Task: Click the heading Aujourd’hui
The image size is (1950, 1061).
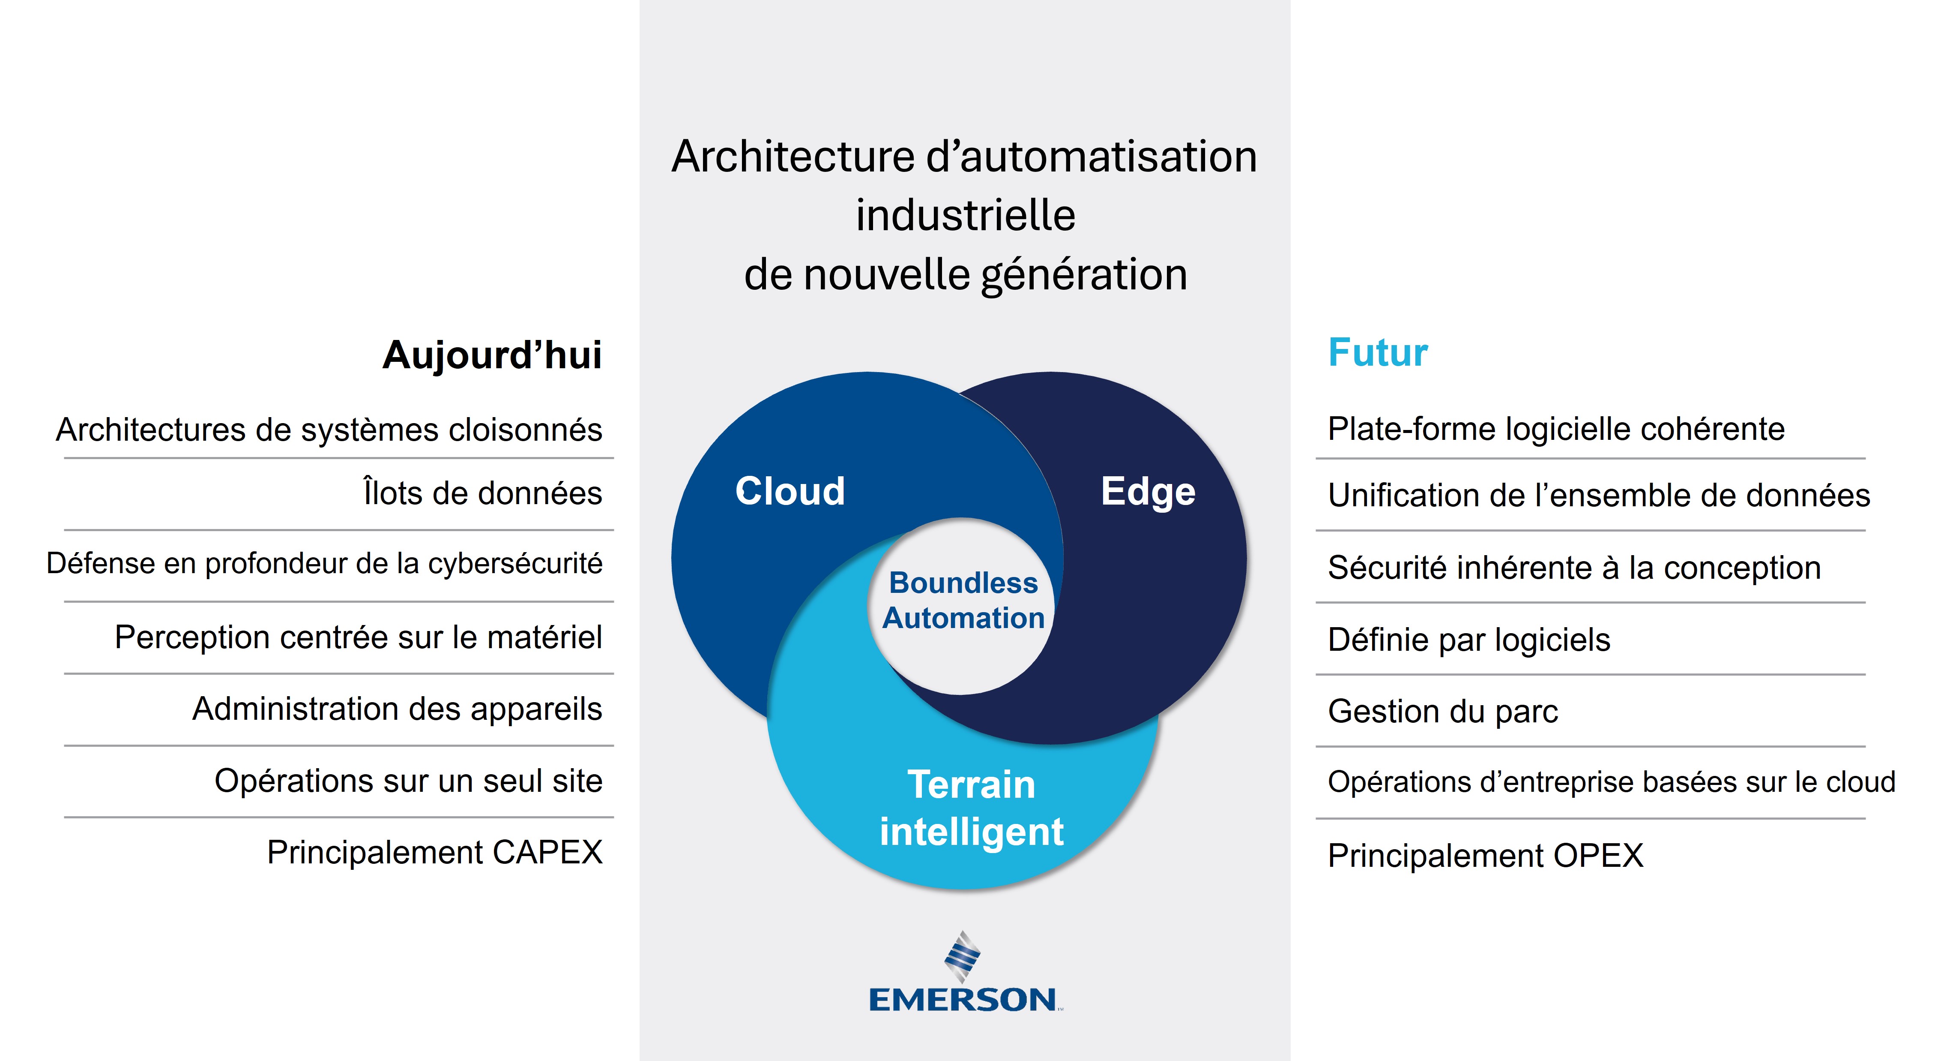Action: click(x=492, y=355)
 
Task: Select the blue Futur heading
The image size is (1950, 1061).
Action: click(x=1378, y=353)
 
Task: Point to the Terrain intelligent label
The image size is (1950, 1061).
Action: click(x=971, y=808)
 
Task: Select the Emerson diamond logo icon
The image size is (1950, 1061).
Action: click(x=962, y=956)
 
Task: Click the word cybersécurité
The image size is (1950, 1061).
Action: click(x=515, y=563)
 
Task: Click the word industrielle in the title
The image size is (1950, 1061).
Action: click(x=965, y=215)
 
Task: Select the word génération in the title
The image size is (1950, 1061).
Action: click(x=1084, y=275)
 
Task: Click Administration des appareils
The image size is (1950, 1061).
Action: click(x=398, y=709)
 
